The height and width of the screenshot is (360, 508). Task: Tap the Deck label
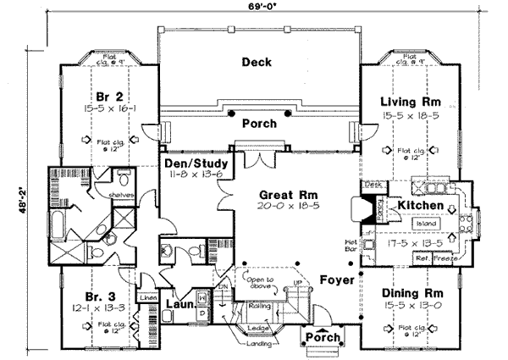click(x=256, y=61)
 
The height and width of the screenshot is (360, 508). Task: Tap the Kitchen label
click(x=417, y=206)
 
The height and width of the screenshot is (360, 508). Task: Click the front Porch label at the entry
click(x=323, y=339)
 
